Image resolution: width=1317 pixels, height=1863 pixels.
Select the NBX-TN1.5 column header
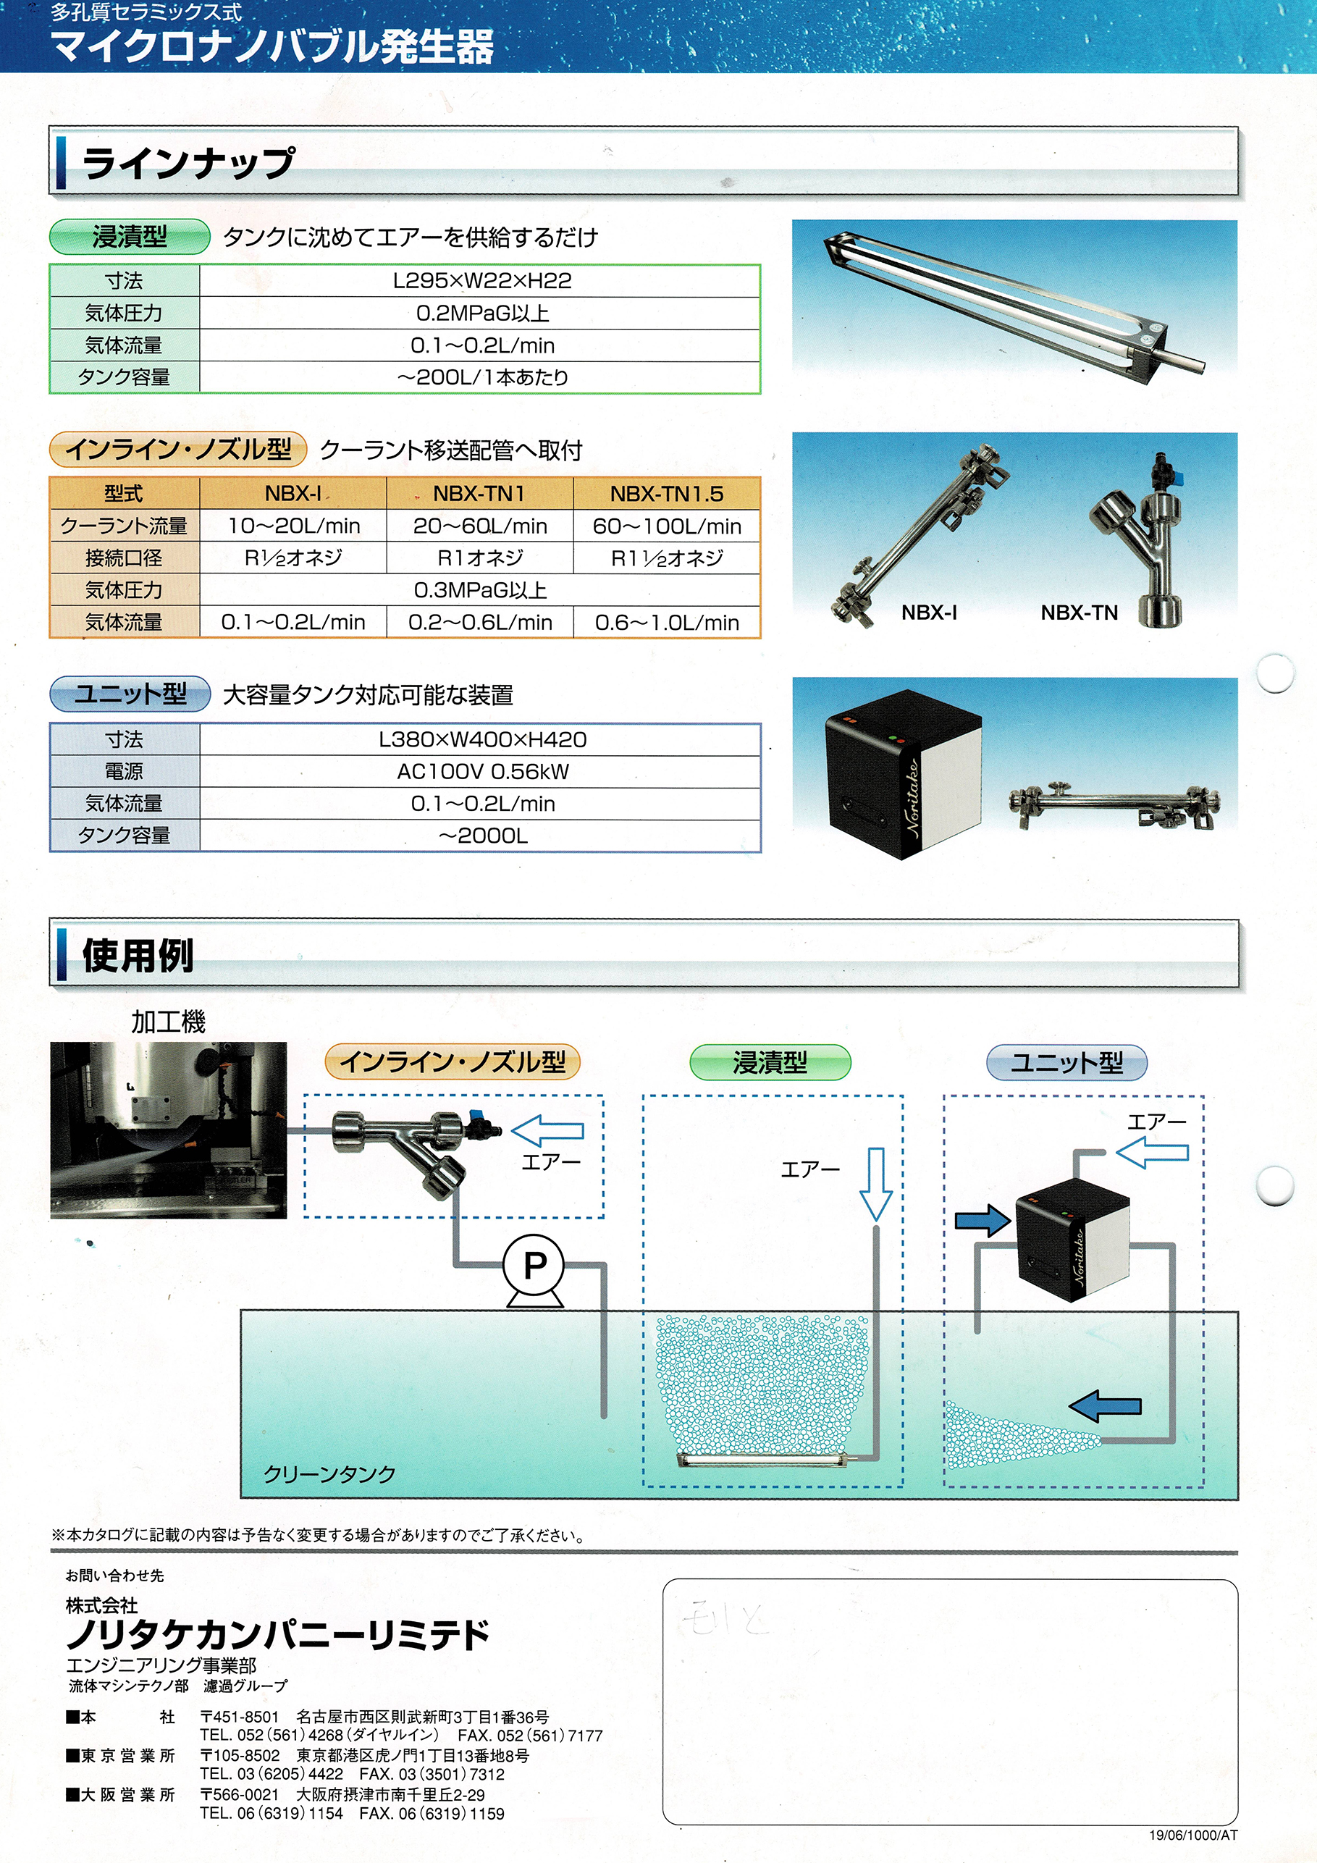click(x=666, y=493)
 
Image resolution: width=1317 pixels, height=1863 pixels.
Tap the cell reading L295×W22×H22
click(x=481, y=281)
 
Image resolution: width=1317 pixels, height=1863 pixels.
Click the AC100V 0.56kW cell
click(x=482, y=772)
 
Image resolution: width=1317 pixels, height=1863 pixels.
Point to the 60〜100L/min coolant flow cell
click(x=666, y=526)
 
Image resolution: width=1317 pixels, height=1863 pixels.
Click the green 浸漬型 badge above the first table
click(x=130, y=237)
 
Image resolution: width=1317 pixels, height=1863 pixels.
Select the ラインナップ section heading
click(x=188, y=163)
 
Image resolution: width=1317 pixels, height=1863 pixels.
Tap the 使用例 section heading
click(x=138, y=955)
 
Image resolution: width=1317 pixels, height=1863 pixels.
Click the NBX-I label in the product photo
click(x=929, y=613)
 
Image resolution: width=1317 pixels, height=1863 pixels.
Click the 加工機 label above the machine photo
click(x=168, y=1021)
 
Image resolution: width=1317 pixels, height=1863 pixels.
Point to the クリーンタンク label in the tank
click(x=329, y=1473)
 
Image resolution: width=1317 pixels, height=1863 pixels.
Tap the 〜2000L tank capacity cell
click(x=482, y=836)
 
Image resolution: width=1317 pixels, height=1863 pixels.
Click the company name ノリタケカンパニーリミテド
click(x=278, y=1634)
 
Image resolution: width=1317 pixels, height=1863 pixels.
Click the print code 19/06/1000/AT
click(x=1193, y=1835)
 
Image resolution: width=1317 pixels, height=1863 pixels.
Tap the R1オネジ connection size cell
click(x=479, y=558)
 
